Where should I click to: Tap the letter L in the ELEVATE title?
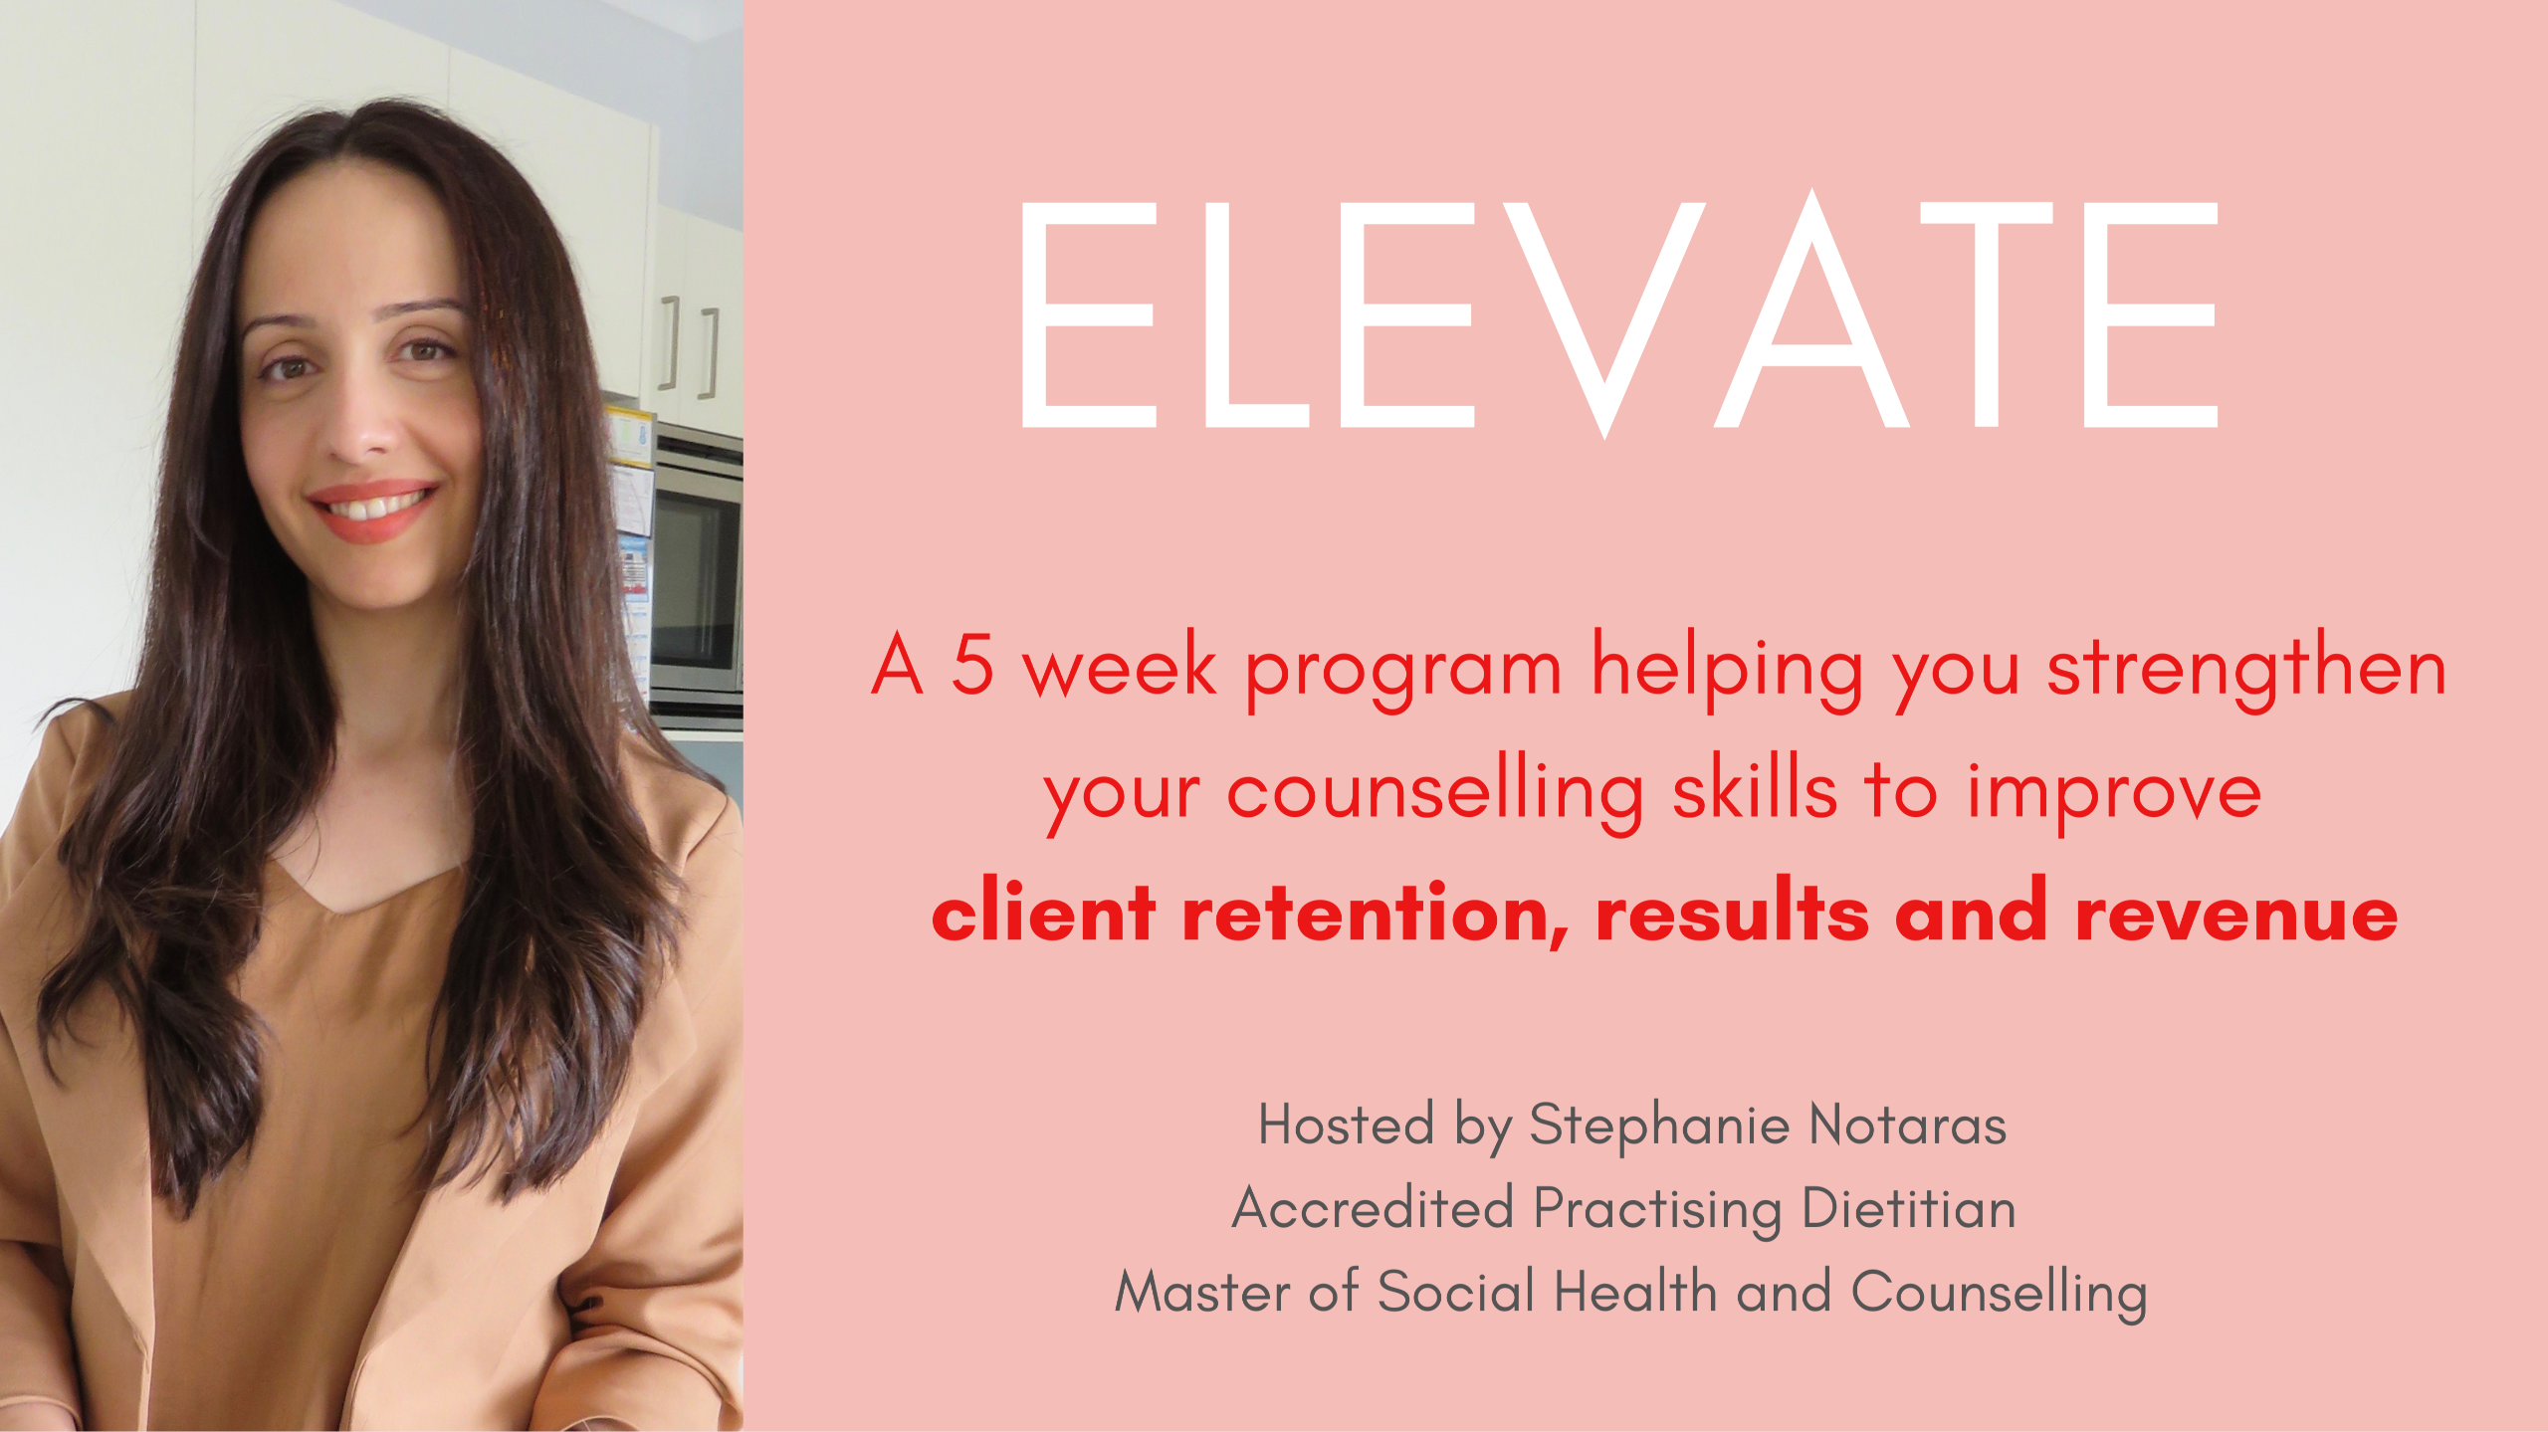click(x=1256, y=315)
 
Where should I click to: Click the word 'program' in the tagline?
click(x=1403, y=677)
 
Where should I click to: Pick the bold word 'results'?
click(x=1732, y=911)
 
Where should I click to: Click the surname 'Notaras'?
click(x=1907, y=1125)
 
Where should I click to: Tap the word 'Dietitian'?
click(x=1909, y=1209)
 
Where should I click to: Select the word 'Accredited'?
click(x=1374, y=1209)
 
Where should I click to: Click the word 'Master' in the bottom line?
click(x=1202, y=1293)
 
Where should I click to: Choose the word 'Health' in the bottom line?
click(x=1635, y=1292)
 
